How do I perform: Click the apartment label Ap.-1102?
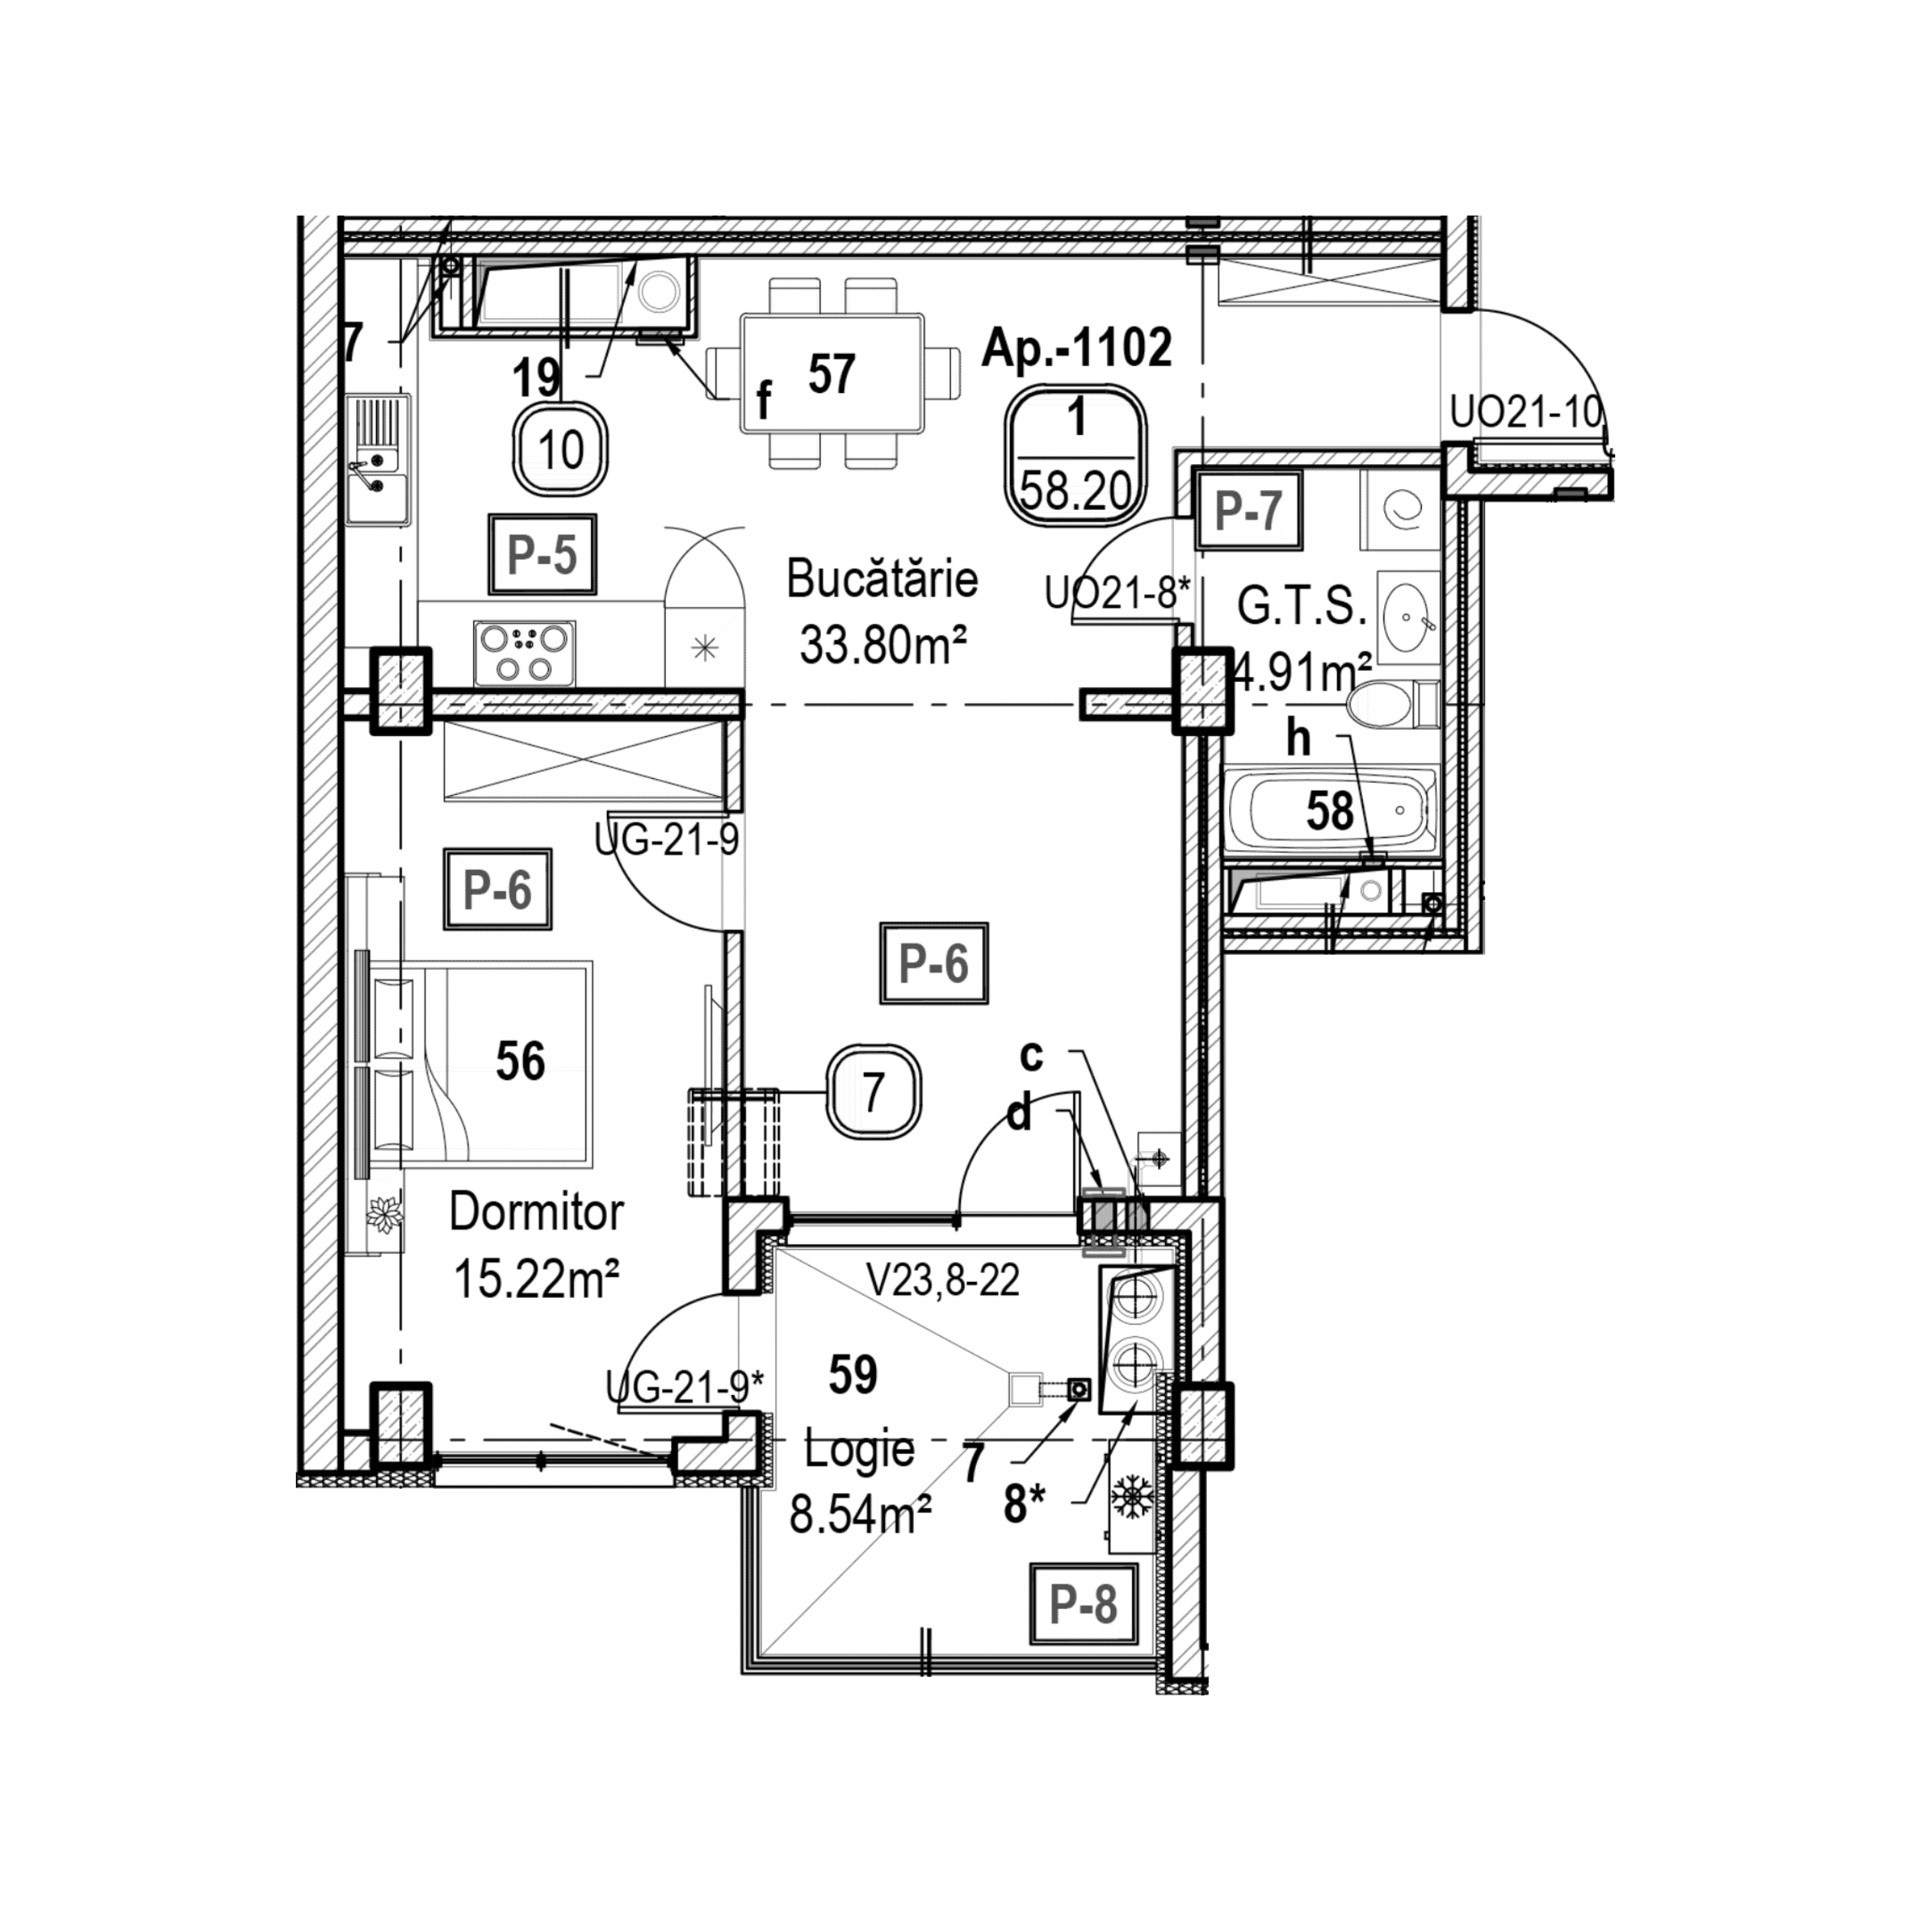pos(1076,347)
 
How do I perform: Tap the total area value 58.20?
pos(1076,490)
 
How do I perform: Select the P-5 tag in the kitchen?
pos(542,555)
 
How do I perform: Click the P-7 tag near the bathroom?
pos(1248,511)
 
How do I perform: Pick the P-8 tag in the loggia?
pos(1083,1604)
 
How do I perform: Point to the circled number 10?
pos(561,450)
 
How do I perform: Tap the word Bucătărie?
pos(882,579)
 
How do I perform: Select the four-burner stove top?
pos(524,653)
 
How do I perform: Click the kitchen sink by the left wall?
pos(377,460)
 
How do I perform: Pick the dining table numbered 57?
pos(832,374)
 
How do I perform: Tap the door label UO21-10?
pos(1524,413)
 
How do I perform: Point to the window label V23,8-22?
pos(943,1281)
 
